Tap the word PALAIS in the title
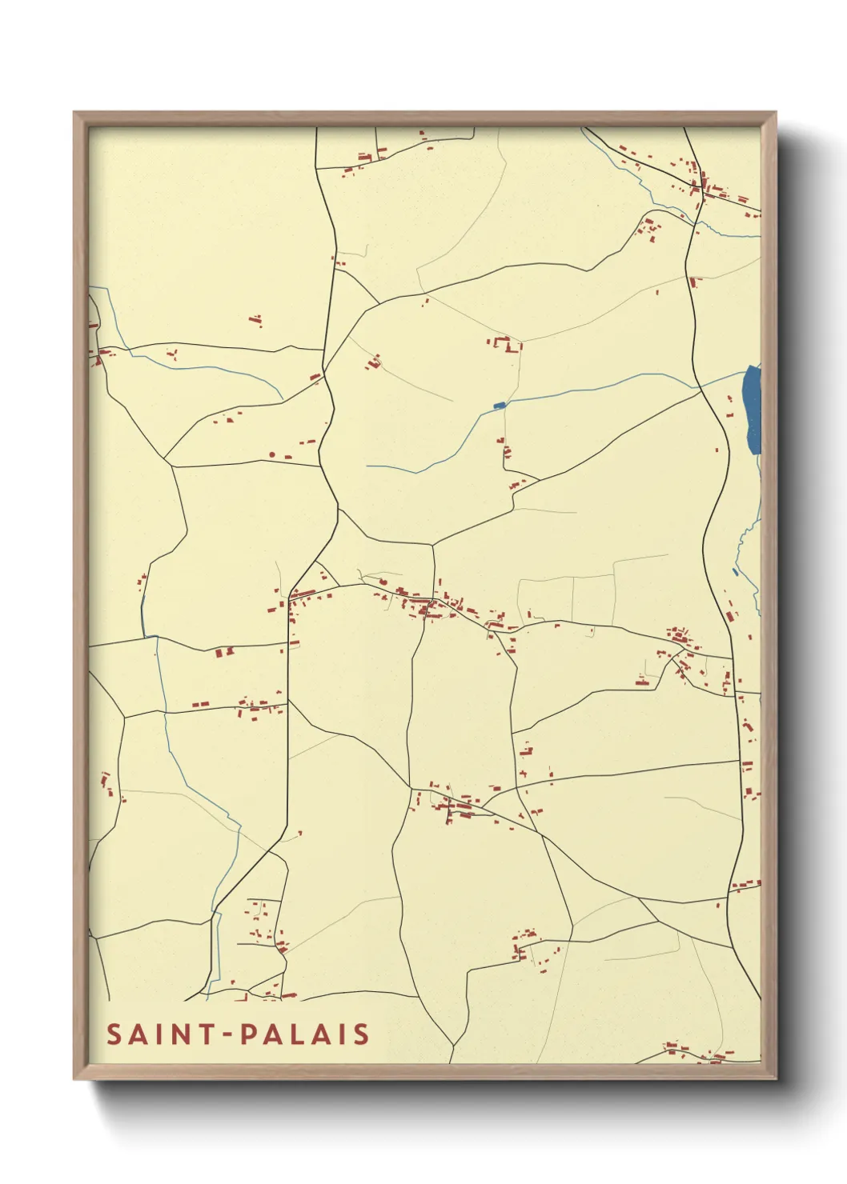(x=305, y=1034)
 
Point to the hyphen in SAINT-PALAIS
(x=227, y=1035)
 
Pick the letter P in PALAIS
(x=248, y=1034)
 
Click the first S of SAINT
(x=114, y=1034)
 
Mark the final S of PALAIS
(x=361, y=1034)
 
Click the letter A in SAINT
(x=137, y=1034)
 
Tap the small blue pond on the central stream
(x=500, y=406)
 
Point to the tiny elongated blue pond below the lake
(x=736, y=571)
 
